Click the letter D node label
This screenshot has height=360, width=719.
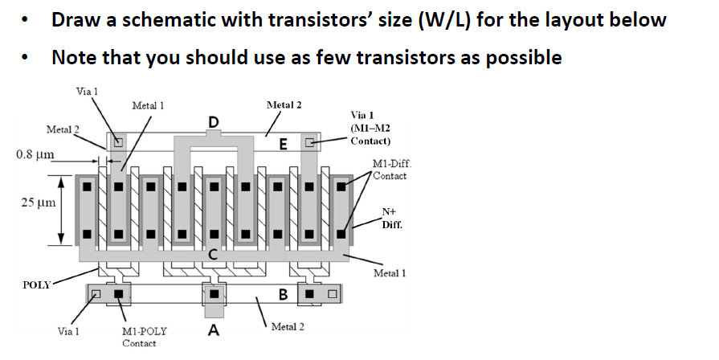213,121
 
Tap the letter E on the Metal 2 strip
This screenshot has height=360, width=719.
282,144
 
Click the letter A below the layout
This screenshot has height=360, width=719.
214,329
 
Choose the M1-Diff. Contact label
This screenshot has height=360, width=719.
390,170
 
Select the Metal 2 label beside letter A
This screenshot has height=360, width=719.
287,326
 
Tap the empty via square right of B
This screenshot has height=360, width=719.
329,293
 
